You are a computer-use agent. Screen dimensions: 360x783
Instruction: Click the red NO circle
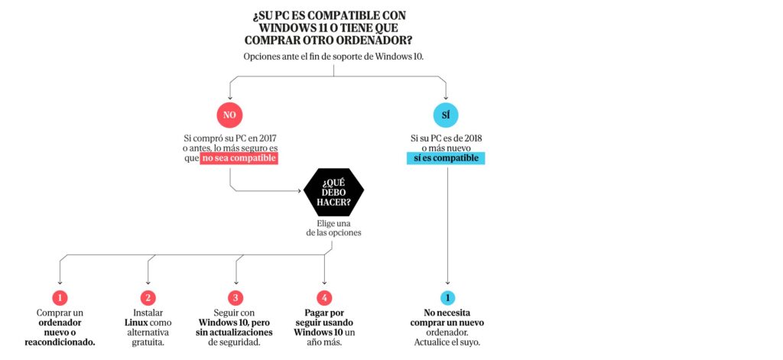click(229, 116)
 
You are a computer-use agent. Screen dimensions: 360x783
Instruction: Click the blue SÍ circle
click(447, 116)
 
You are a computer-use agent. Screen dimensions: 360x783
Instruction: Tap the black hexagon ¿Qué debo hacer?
click(334, 191)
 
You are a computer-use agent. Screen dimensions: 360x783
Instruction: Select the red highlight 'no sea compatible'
click(239, 158)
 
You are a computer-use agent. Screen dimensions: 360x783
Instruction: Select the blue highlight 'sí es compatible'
click(446, 158)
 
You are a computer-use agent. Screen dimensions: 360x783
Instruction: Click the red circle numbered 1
click(60, 297)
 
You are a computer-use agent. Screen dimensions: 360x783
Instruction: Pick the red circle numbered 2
click(148, 297)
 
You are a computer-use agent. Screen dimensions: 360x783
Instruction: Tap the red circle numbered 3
click(236, 297)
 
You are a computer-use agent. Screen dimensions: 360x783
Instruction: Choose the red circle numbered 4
click(324, 297)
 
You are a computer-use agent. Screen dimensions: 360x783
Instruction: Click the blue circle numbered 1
click(447, 297)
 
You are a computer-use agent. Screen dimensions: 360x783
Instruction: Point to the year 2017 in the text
click(267, 138)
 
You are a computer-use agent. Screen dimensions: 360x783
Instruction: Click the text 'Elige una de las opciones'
click(333, 228)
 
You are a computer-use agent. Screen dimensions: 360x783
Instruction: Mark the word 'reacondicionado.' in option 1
click(60, 342)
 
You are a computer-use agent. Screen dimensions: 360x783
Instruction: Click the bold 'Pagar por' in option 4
click(318, 313)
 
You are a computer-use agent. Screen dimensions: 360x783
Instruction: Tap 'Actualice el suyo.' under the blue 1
click(447, 342)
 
